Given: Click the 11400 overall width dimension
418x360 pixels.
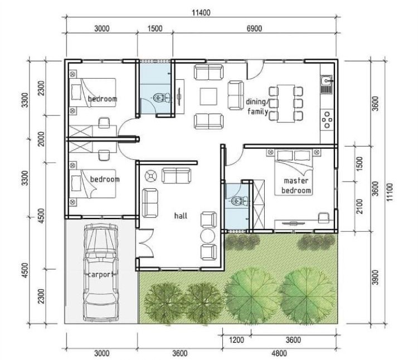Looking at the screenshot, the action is click(201, 12).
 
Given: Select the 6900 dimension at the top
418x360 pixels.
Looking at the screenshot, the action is click(254, 28).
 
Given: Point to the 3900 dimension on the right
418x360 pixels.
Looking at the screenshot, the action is click(375, 277).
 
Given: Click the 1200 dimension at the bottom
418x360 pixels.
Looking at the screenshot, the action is click(236, 340).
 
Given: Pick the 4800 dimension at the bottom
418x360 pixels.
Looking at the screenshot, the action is click(279, 353).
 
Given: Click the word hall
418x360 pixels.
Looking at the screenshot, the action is click(181, 216).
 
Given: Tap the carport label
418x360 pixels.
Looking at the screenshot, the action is click(100, 275).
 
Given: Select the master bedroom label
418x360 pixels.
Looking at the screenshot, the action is click(296, 186).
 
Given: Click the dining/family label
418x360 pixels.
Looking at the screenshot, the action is click(257, 106).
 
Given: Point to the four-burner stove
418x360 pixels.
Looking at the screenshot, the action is click(327, 120).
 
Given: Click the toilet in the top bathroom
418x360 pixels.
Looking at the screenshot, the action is click(162, 98).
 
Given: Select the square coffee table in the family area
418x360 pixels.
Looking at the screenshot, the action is click(208, 97).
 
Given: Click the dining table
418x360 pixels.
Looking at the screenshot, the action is click(285, 104).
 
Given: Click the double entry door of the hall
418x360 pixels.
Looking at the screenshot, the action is click(144, 243).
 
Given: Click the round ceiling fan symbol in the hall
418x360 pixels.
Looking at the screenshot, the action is click(150, 176).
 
